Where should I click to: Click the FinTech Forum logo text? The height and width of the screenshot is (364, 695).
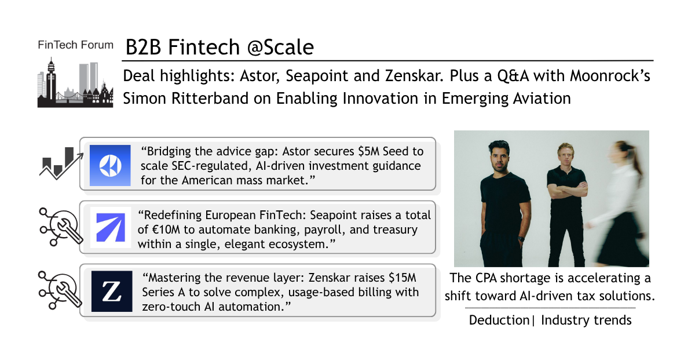pyautogui.click(x=75, y=45)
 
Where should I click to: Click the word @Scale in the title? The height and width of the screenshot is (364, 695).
pyautogui.click(x=280, y=47)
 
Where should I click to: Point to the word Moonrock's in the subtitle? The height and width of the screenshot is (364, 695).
pyautogui.click(x=610, y=76)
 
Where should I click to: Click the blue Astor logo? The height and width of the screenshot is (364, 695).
pyautogui.click(x=110, y=165)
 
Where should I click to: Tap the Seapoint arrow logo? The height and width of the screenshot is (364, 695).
pyautogui.click(x=111, y=227)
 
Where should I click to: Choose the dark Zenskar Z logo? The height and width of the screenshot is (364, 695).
pyautogui.click(x=112, y=291)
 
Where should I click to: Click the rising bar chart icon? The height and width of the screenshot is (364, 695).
pyautogui.click(x=61, y=163)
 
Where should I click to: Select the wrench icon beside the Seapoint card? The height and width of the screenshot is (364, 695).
pyautogui.click(x=61, y=227)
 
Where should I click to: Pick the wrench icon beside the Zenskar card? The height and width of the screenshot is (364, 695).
pyautogui.click(x=60, y=290)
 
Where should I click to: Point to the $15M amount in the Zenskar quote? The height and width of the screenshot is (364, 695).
pyautogui.click(x=402, y=278)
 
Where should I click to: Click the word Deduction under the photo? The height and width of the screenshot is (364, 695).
pyautogui.click(x=499, y=320)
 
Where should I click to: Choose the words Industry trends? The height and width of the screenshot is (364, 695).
pyautogui.click(x=586, y=320)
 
